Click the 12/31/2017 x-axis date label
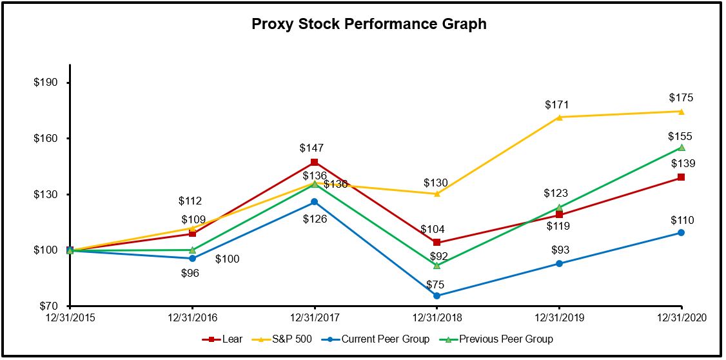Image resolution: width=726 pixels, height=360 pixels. click(314, 317)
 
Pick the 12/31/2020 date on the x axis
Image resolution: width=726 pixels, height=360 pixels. click(681, 317)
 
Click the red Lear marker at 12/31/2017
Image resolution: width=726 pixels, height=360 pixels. click(314, 162)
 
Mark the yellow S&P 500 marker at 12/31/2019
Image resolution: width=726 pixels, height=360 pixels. click(559, 117)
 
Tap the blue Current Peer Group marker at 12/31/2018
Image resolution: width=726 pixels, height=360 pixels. click(437, 295)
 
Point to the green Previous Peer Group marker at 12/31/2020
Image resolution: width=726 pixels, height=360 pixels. click(682, 148)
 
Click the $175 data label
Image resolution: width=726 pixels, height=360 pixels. click(681, 98)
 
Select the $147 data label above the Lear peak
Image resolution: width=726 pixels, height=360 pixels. click(312, 148)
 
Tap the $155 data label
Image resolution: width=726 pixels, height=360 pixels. click(680, 136)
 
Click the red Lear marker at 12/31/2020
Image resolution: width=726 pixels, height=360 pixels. click(681, 177)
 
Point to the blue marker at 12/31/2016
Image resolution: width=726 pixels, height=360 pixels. click(192, 258)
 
